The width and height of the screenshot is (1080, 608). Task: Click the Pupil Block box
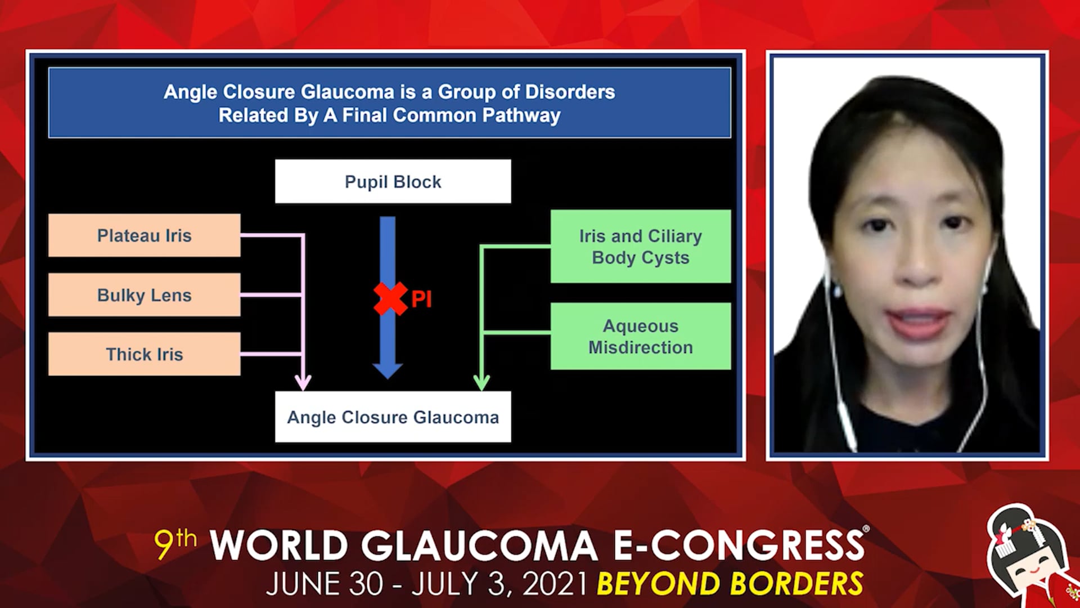[x=393, y=181]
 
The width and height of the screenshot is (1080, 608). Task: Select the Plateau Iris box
[x=144, y=235]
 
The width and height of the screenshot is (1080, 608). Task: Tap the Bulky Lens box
[x=144, y=295]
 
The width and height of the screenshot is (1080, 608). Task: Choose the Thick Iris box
[x=144, y=354]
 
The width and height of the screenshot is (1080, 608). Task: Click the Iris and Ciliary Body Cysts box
[x=641, y=247]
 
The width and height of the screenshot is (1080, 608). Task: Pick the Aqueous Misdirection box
[x=641, y=336]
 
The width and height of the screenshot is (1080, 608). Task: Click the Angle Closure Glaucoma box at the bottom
[x=393, y=417]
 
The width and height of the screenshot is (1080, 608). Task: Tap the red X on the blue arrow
[x=390, y=298]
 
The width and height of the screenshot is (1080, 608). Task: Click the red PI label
[x=421, y=299]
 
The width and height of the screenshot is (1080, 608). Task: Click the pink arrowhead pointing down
[x=303, y=383]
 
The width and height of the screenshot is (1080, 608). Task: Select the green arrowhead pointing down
[x=481, y=383]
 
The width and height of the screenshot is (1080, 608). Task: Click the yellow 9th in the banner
[x=175, y=543]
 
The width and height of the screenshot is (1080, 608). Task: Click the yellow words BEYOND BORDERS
[x=730, y=584]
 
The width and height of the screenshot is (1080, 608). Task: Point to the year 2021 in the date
[x=556, y=584]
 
